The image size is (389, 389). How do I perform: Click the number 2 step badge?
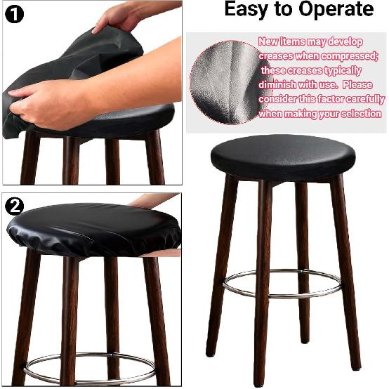14,206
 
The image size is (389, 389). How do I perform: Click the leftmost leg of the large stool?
222,267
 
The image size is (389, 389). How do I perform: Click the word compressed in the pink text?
351,55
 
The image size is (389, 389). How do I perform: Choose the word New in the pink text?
268,41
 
